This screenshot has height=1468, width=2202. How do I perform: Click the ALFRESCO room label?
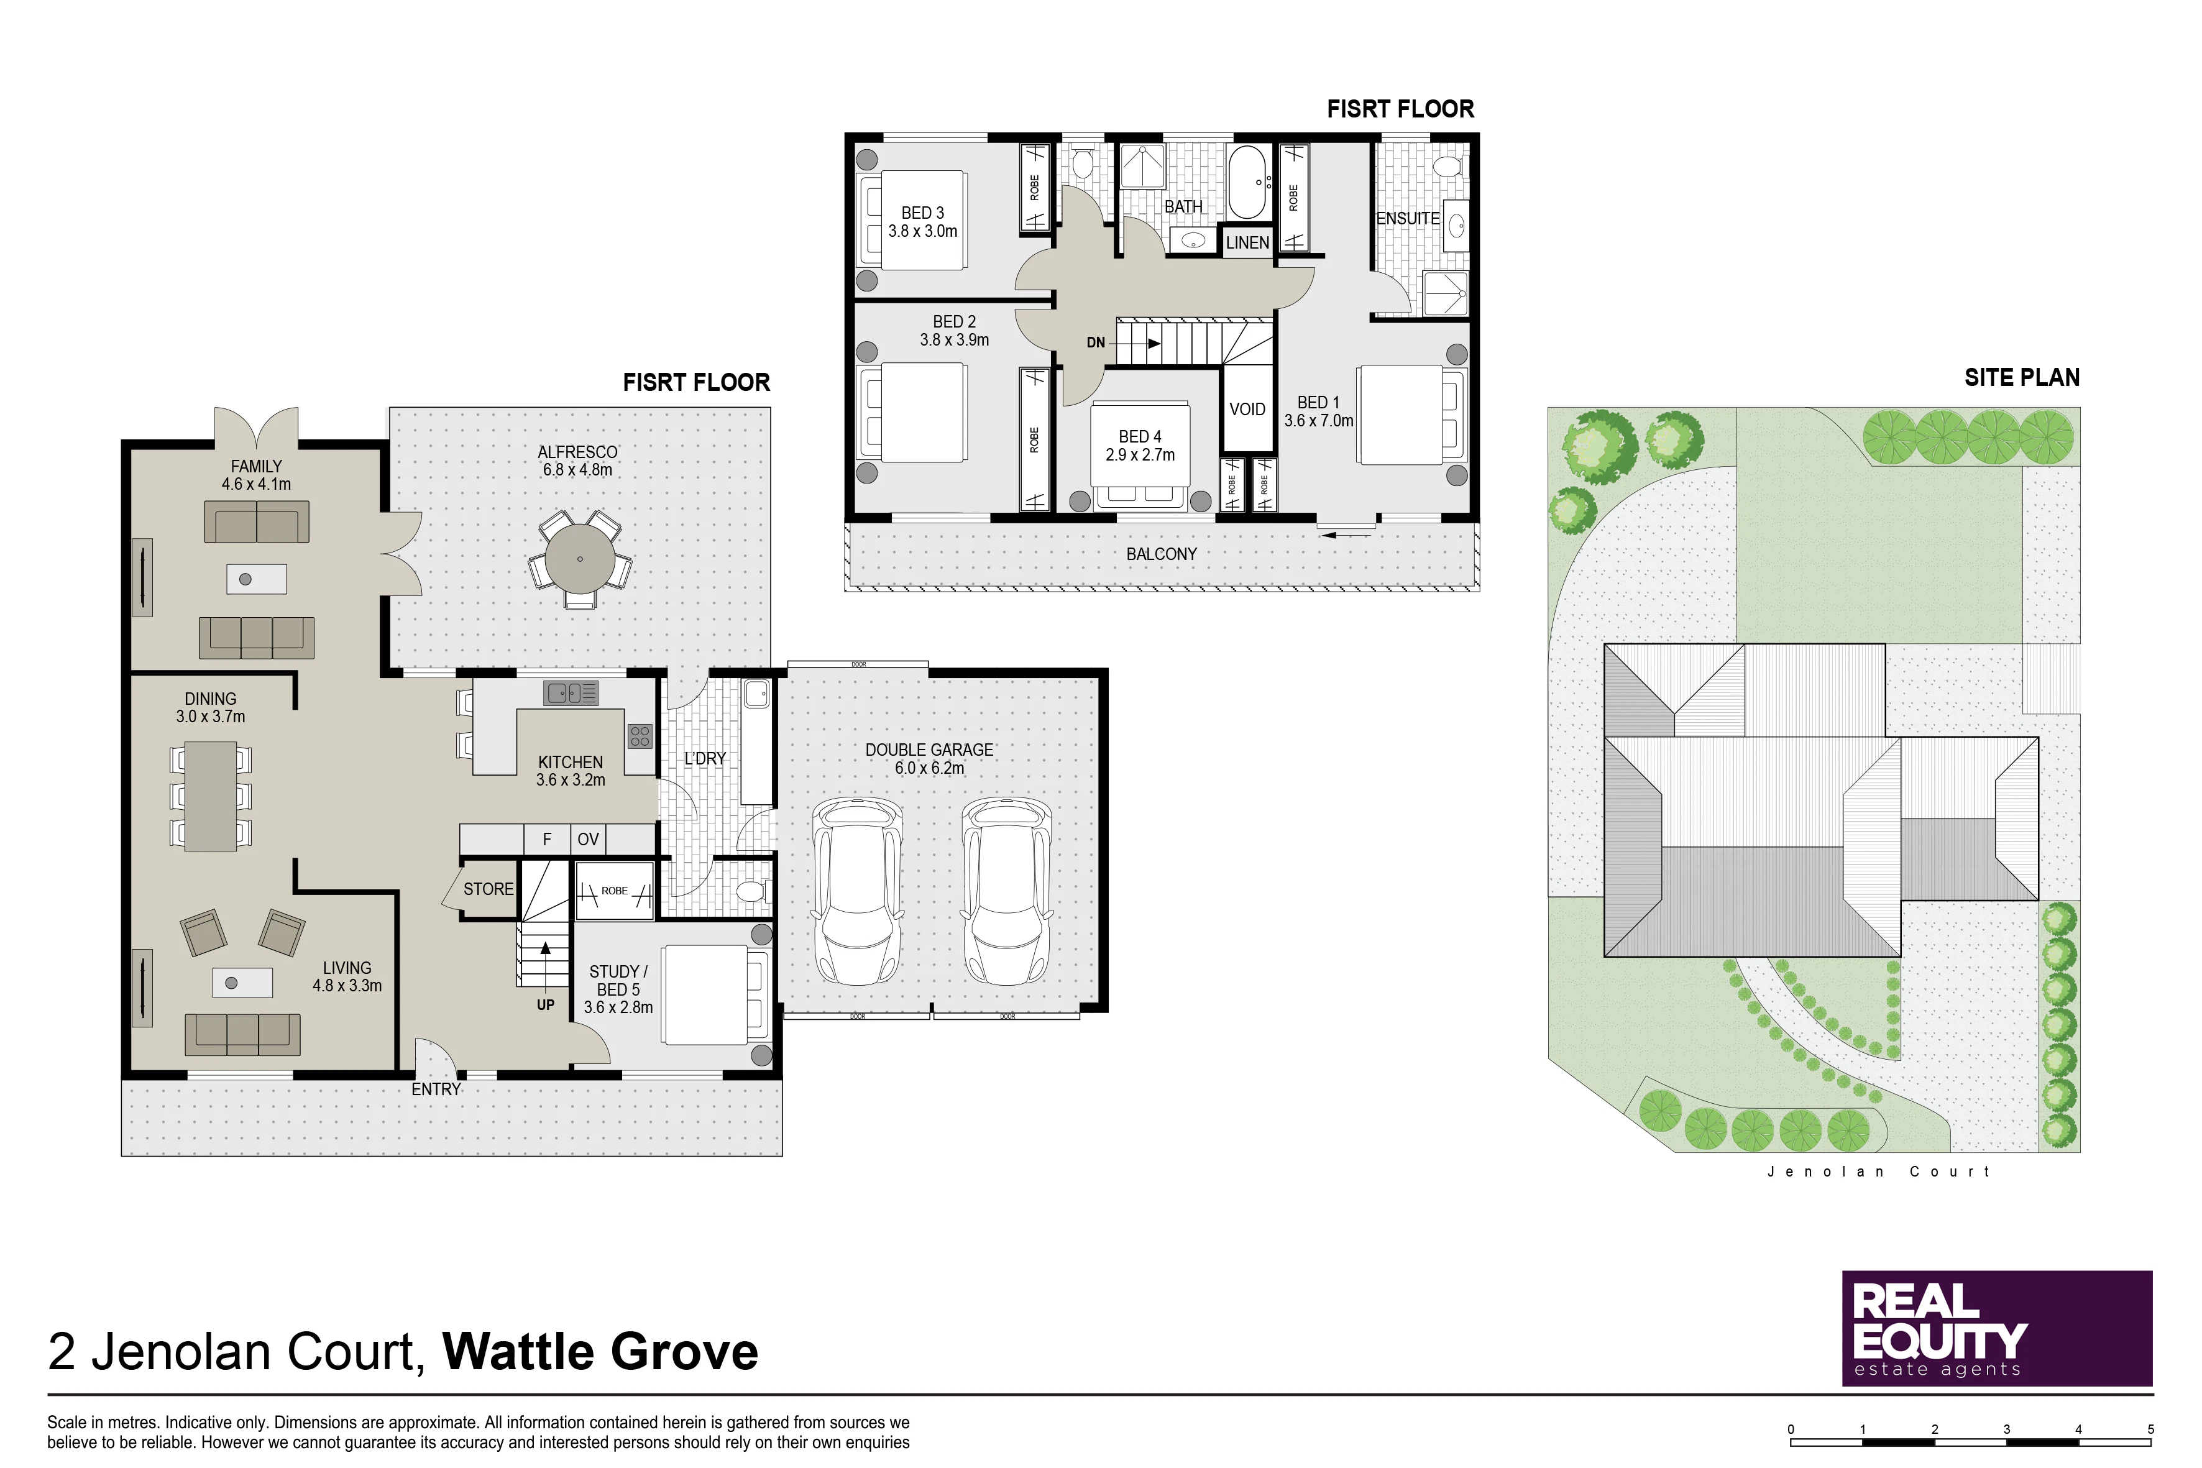577,452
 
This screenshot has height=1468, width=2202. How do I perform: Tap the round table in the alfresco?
580,559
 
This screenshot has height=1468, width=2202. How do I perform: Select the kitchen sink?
570,694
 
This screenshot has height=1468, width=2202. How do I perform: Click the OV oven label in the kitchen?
588,840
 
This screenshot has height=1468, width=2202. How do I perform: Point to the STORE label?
489,889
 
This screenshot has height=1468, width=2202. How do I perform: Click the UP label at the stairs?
546,1006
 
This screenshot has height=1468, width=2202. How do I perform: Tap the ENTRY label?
436,1090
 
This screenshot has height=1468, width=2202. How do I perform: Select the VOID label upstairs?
1247,409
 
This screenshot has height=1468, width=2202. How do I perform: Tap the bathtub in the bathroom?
1247,183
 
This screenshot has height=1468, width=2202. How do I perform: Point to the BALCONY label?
1162,554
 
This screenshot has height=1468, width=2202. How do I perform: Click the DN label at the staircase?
1095,342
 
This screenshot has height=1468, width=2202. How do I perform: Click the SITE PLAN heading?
2022,377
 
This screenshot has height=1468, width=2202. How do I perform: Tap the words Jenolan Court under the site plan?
1878,1171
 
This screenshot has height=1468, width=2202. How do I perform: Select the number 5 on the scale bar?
2150,1429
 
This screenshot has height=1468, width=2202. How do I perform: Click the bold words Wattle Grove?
600,1351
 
